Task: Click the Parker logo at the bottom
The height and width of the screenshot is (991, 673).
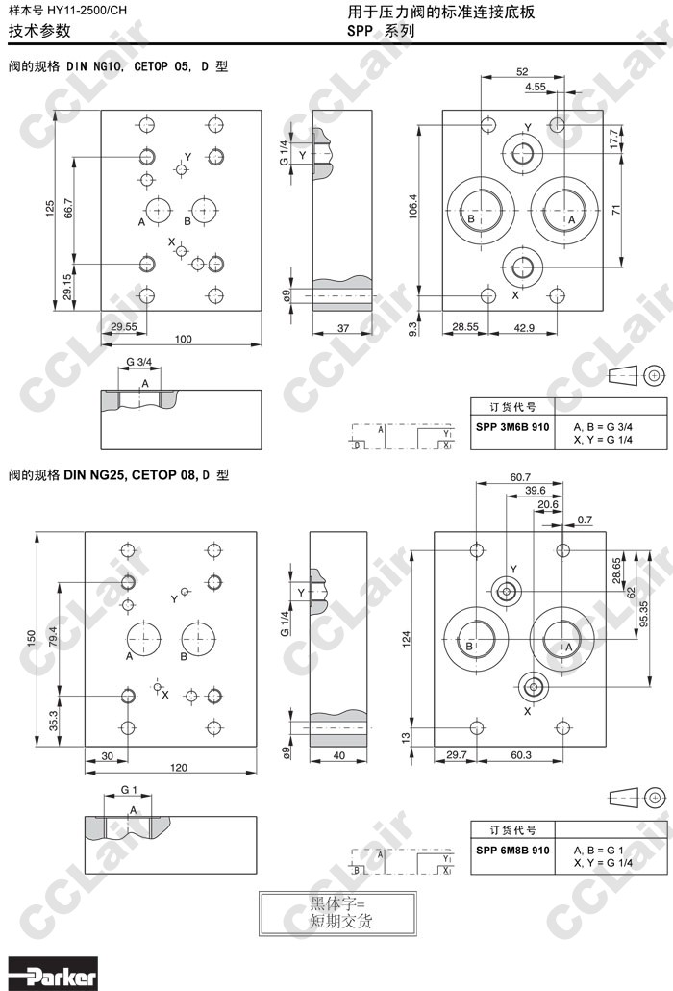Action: click(53, 974)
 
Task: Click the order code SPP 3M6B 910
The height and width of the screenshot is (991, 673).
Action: click(512, 427)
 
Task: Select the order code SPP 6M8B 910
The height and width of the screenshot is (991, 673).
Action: click(512, 851)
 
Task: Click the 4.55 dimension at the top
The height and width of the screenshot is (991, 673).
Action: click(536, 87)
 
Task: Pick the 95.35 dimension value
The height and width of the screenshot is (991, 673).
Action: click(643, 614)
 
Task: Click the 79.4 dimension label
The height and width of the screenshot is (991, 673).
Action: click(53, 637)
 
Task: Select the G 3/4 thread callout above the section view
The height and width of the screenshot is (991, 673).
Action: click(138, 362)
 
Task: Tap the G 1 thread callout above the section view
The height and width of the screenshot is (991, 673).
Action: click(129, 790)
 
